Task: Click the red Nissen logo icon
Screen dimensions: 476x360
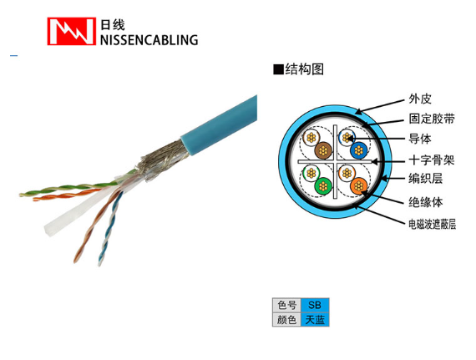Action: coord(71,31)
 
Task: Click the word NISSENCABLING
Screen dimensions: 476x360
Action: coord(149,40)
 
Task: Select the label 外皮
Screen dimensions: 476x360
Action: coord(420,99)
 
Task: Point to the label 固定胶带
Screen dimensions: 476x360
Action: coord(432,119)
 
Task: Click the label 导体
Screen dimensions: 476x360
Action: coord(420,139)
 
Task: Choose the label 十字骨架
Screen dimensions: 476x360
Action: coord(432,160)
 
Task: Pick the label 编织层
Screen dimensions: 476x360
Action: coord(426,179)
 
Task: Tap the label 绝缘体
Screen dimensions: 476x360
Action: coord(426,202)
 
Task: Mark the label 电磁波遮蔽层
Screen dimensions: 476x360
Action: coord(432,225)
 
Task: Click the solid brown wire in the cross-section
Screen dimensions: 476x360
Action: coord(323,150)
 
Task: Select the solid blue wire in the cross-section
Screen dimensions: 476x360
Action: coord(358,150)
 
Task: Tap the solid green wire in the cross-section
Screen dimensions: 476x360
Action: coord(323,186)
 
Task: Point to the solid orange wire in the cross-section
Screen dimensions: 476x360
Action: coord(358,185)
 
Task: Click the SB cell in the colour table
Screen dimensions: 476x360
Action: coord(315,305)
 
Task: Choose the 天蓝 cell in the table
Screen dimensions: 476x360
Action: coord(315,320)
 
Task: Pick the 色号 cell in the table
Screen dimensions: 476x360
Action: coord(286,305)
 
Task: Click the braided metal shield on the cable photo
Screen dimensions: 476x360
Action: coord(162,160)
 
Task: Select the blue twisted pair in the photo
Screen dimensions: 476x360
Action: coord(110,228)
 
